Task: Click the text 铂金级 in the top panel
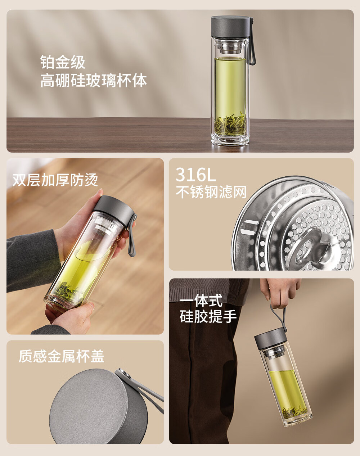pyautogui.click(x=63, y=62)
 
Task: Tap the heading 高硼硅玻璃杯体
pyautogui.click(x=93, y=80)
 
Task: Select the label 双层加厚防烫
pyautogui.click(x=55, y=180)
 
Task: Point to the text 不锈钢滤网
pyautogui.click(x=211, y=192)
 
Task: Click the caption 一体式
pyautogui.click(x=201, y=301)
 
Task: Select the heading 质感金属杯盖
pyautogui.click(x=61, y=356)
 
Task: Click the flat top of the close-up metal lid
pyautogui.click(x=88, y=405)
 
